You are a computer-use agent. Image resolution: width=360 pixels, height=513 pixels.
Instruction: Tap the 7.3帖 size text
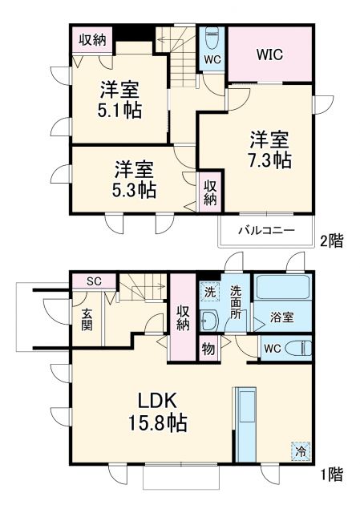[x=269, y=160]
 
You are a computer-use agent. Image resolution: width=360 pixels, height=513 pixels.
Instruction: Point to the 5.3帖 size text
[x=135, y=190]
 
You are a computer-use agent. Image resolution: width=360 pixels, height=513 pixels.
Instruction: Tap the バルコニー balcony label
[x=265, y=231]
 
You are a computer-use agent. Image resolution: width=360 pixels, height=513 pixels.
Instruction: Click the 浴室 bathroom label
[x=281, y=317]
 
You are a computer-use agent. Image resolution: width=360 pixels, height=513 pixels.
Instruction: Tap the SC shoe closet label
[x=93, y=281]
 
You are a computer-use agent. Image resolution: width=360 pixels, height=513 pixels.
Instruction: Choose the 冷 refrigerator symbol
[x=298, y=450]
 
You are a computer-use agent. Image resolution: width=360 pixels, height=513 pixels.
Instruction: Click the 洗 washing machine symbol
[x=209, y=291]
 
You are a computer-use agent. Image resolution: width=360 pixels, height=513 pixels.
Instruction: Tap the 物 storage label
[x=208, y=350]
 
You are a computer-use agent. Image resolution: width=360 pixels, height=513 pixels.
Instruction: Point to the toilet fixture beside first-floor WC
[x=300, y=349]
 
